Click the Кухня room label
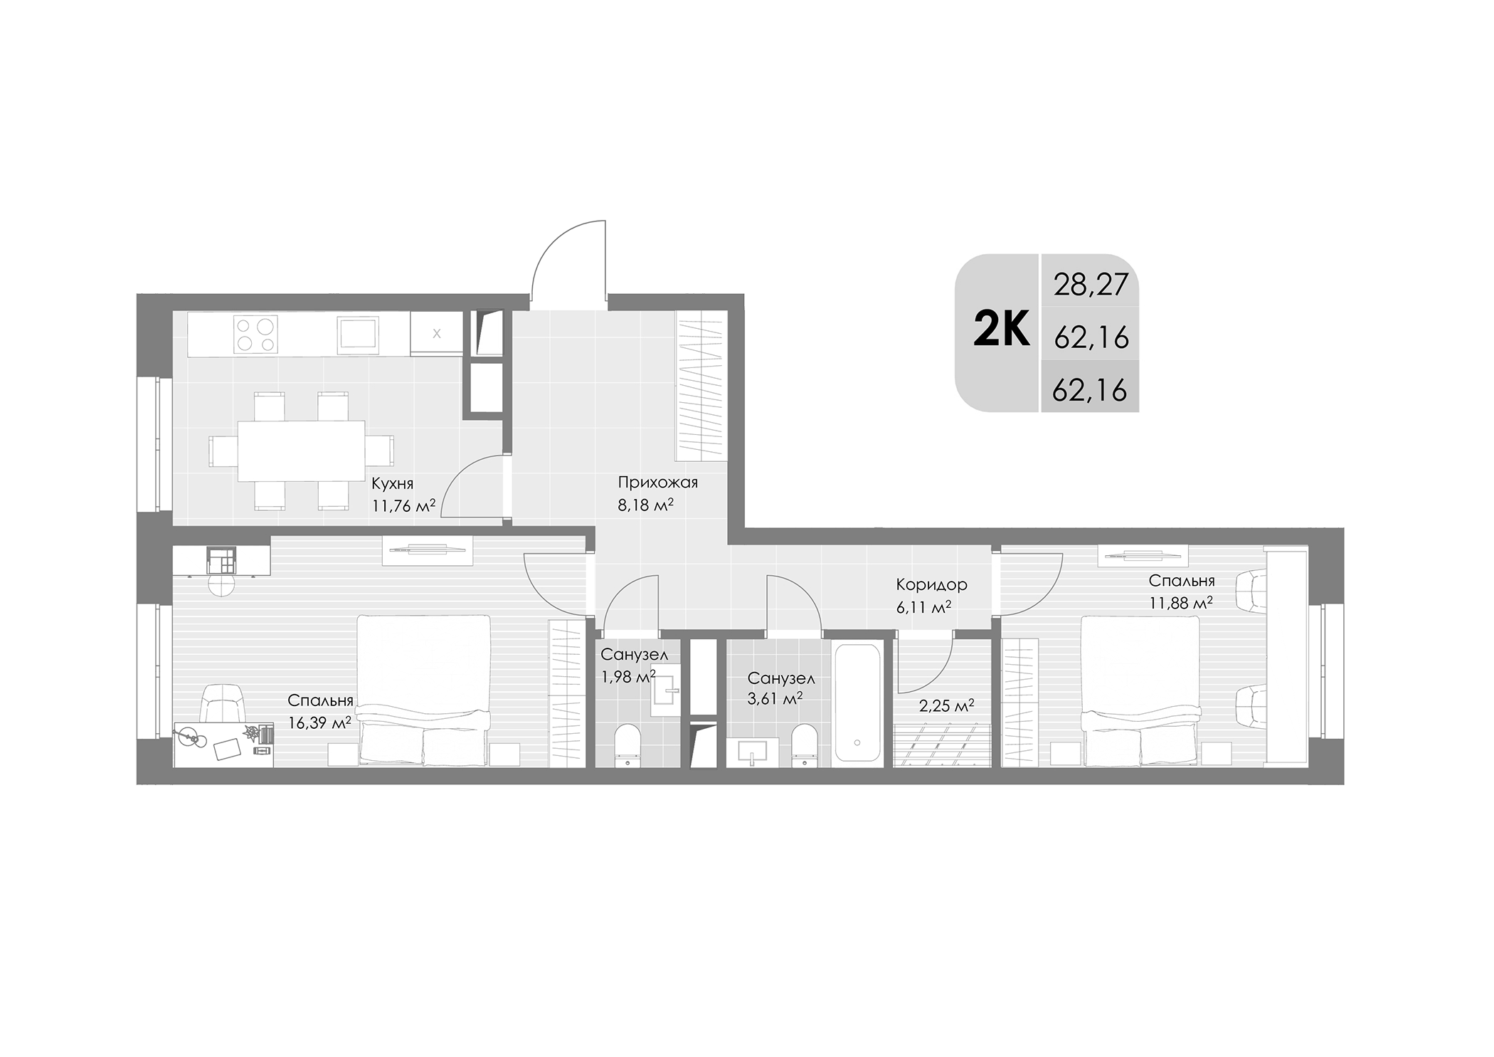(x=392, y=484)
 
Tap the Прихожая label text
(x=657, y=483)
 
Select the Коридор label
(x=931, y=585)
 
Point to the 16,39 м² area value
(x=319, y=723)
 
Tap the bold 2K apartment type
(x=1001, y=331)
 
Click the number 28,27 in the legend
(x=1091, y=285)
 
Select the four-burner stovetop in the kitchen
(x=255, y=335)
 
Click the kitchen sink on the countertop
(x=357, y=333)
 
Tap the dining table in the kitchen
(x=301, y=451)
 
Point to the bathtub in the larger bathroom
(x=857, y=703)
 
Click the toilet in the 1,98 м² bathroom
(x=627, y=745)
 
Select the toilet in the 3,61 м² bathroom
(x=805, y=745)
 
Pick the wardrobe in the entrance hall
(x=700, y=386)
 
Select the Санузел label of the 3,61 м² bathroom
(x=780, y=679)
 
